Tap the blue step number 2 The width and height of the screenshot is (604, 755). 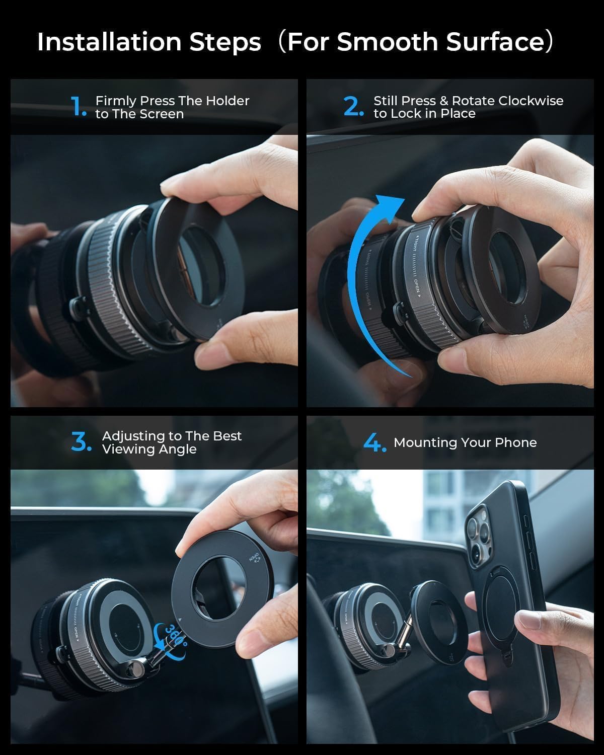353,107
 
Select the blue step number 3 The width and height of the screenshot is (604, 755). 81,442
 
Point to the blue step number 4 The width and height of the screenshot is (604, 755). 374,443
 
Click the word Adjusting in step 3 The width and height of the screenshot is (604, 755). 134,436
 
